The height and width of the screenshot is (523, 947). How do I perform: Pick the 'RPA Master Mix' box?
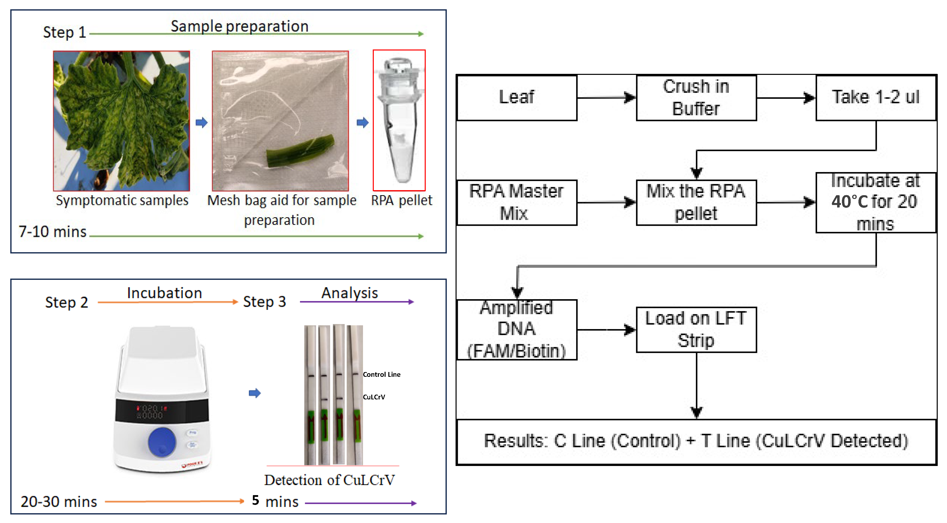517,202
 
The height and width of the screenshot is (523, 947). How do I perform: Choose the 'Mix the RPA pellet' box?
696,202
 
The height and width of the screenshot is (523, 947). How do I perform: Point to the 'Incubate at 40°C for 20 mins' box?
876,202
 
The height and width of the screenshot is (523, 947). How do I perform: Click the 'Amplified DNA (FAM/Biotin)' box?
517,329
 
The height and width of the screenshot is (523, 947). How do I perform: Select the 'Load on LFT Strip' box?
696,329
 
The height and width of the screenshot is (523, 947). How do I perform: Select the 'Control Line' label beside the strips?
381,374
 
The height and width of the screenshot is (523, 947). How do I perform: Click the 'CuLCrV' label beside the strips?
374,397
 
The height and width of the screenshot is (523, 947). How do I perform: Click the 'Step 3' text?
264,302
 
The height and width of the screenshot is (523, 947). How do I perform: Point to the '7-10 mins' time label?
53,232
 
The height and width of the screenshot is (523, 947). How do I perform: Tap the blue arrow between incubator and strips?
254,393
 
